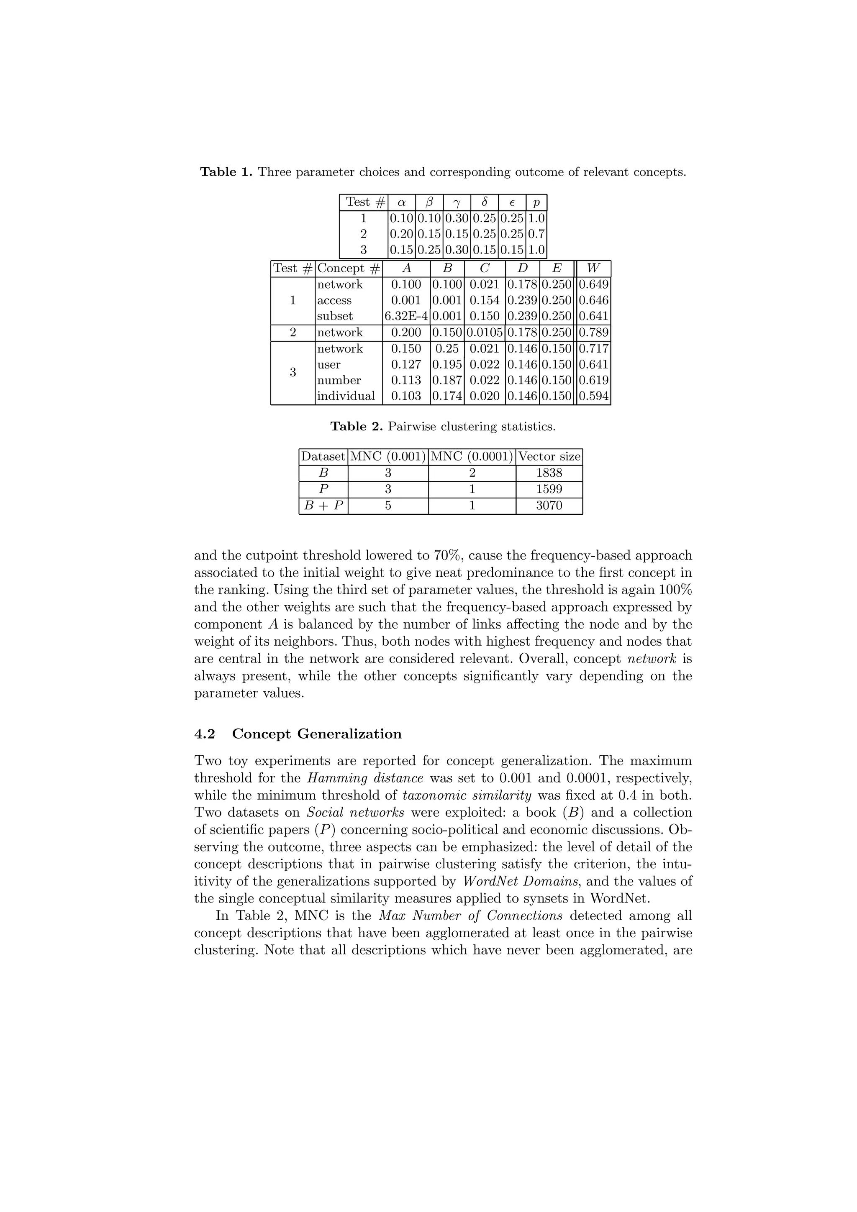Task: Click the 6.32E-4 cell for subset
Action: click(405, 316)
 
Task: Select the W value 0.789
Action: click(593, 332)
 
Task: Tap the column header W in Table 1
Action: click(593, 268)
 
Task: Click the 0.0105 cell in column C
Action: click(484, 332)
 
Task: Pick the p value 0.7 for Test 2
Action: click(536, 234)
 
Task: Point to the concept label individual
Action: click(346, 396)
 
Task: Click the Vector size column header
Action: click(549, 457)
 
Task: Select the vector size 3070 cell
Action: click(549, 506)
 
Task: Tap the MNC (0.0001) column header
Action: click(472, 457)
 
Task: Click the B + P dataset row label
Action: click(323, 506)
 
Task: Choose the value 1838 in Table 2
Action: click(549, 473)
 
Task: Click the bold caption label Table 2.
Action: click(357, 427)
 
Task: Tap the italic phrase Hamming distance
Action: click(365, 778)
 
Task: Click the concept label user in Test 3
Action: click(328, 365)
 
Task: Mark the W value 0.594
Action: click(593, 396)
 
